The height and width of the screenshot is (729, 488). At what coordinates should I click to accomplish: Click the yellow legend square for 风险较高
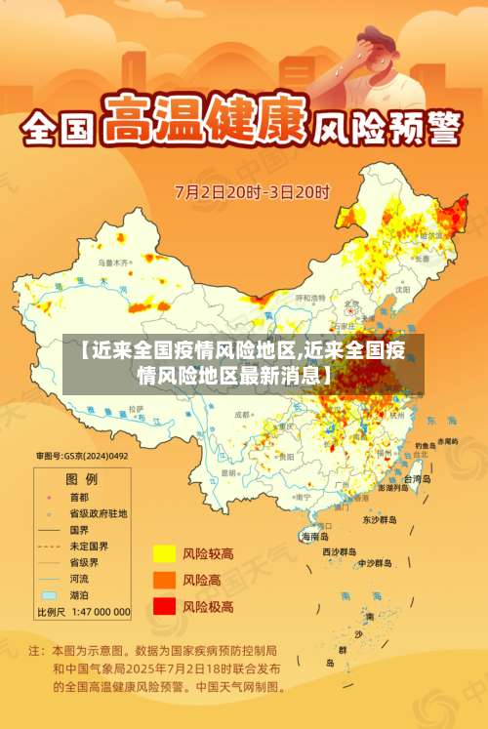164,553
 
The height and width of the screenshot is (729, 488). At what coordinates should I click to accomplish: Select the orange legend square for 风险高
164,580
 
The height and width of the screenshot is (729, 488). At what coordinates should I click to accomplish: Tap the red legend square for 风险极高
164,606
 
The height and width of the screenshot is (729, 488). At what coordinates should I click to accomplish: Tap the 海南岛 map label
314,537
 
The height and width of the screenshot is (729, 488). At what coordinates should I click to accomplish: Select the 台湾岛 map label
417,479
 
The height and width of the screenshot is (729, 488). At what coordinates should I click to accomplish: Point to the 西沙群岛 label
341,551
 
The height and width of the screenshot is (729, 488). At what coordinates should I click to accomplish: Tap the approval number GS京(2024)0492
82,456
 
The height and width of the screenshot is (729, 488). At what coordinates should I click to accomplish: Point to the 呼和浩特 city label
311,298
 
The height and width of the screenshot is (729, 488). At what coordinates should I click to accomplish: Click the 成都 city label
243,415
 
